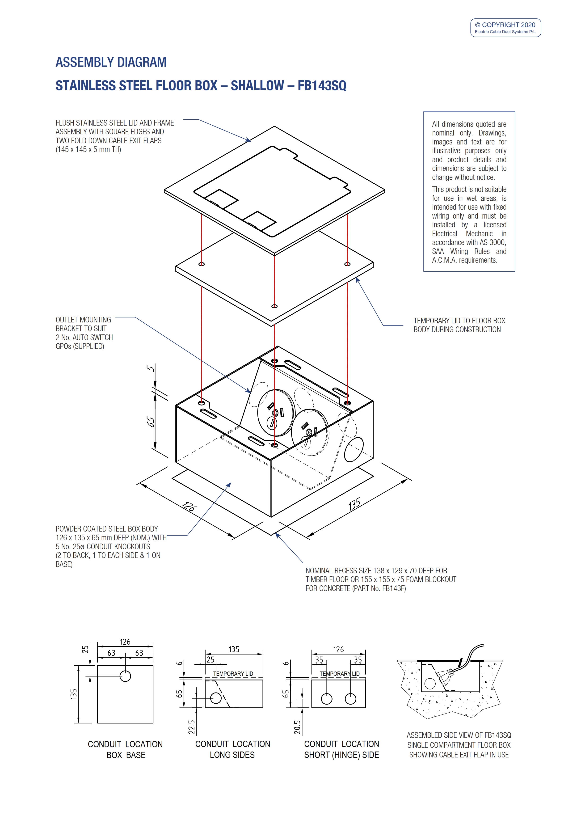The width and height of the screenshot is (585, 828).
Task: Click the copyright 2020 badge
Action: point(505,28)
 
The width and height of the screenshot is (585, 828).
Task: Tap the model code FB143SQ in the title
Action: point(322,86)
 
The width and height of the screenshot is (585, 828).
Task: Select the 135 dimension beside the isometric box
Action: point(354,504)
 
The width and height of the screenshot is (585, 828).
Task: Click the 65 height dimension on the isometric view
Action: point(150,421)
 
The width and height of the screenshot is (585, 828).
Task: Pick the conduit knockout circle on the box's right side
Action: point(354,449)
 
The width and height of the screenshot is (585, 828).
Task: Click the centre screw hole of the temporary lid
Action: point(274,306)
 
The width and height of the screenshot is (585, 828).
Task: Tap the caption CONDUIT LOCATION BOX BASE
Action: point(126,749)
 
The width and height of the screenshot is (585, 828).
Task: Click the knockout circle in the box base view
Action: point(125,676)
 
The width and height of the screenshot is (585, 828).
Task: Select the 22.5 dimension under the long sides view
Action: point(191,727)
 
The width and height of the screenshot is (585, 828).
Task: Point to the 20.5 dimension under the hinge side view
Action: point(297,727)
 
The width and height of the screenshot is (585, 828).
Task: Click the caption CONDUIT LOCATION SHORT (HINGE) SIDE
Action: point(341,749)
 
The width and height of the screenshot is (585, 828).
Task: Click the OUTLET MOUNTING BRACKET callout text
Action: point(84,333)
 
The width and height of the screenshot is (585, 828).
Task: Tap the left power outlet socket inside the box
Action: point(276,413)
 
